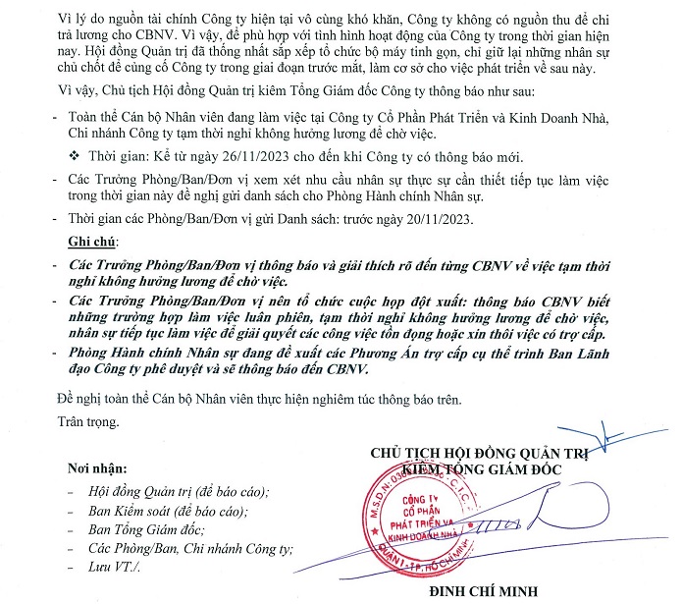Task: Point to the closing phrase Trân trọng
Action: click(x=87, y=422)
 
